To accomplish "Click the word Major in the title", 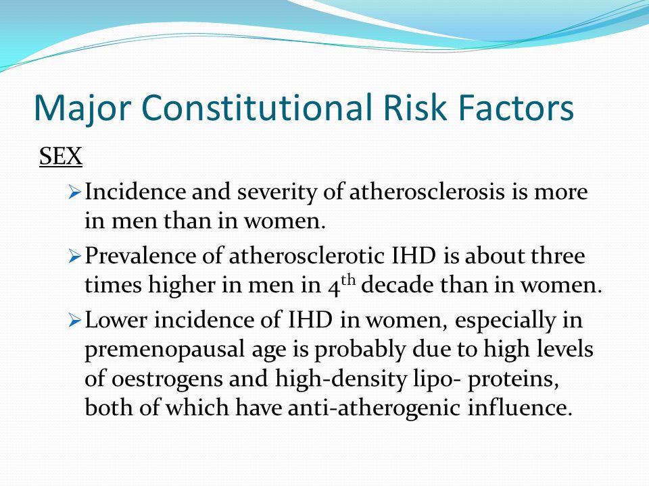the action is point(82,107).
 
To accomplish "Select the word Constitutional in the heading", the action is point(257,107).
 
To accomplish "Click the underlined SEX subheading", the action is point(61,156).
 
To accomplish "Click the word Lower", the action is point(116,319).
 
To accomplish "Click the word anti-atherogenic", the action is point(374,408).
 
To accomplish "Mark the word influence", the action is point(520,407).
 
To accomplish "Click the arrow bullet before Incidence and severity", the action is point(74,192).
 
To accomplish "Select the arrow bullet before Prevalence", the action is point(74,256).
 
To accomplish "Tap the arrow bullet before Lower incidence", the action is point(74,320).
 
